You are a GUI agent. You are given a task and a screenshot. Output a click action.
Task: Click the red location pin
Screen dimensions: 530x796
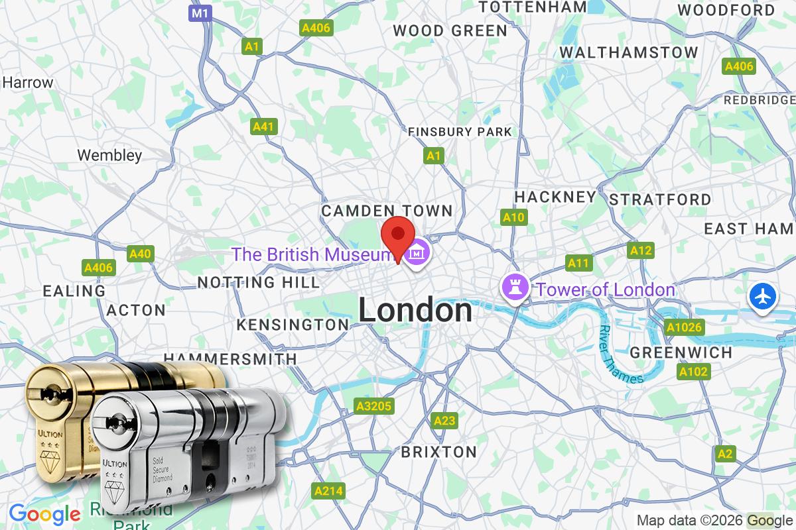tap(397, 236)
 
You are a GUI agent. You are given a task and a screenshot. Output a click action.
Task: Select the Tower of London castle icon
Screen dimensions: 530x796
tap(515, 288)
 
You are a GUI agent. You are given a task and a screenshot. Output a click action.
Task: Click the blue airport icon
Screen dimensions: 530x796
tap(763, 295)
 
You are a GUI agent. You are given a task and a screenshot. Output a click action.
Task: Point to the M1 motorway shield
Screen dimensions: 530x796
tap(200, 13)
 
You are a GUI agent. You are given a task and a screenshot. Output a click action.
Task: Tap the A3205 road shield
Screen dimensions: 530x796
tap(373, 406)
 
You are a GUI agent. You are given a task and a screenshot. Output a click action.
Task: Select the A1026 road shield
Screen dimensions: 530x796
tap(683, 327)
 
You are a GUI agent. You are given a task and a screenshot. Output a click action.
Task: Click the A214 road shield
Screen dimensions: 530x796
tap(328, 491)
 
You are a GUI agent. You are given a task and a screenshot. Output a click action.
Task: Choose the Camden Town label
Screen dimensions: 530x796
tap(387, 211)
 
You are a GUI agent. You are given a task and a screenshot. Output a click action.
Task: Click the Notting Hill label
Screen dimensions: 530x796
tap(259, 283)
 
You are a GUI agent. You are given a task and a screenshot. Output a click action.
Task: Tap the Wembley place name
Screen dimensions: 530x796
tap(109, 156)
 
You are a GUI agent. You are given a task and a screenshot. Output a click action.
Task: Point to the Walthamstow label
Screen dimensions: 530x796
tap(629, 52)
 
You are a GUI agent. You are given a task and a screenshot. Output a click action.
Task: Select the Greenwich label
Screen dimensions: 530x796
tap(681, 352)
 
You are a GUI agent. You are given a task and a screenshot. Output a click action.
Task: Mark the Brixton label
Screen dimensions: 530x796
tap(438, 452)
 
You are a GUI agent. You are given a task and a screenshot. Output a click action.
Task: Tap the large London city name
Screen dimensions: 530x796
tap(415, 311)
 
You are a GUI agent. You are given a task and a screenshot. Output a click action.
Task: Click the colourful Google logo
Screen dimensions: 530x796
tap(44, 513)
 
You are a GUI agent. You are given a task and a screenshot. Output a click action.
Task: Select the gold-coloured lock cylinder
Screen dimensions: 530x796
tap(60, 411)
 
